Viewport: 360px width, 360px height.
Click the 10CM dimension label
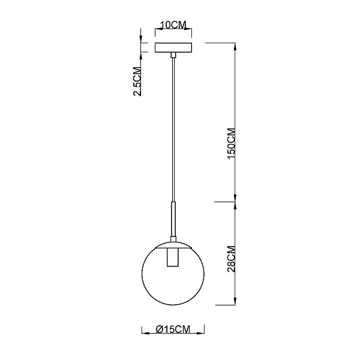click(x=173, y=25)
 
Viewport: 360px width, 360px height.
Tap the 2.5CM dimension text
click(x=137, y=81)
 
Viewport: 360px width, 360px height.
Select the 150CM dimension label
click(x=231, y=143)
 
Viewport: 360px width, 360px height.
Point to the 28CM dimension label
click(x=231, y=259)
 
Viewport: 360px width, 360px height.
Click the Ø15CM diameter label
click(x=173, y=329)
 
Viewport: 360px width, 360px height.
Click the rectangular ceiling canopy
click(x=173, y=47)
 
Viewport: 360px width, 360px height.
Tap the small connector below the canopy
click(x=173, y=55)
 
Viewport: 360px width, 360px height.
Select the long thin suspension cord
click(x=173, y=130)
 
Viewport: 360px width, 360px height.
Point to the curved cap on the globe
click(x=173, y=244)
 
